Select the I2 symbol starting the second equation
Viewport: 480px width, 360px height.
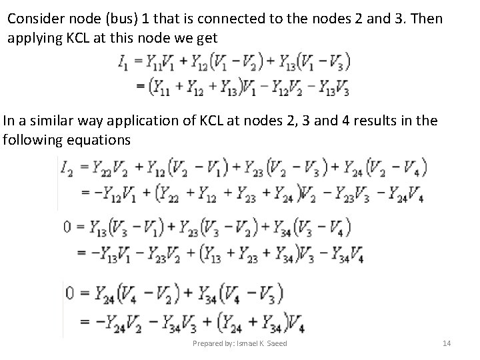(x=68, y=168)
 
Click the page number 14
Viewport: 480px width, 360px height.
(x=447, y=343)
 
